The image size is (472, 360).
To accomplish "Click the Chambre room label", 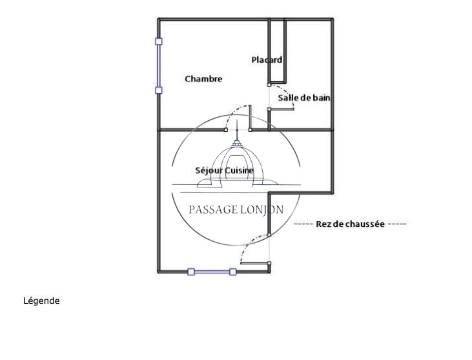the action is [x=203, y=79].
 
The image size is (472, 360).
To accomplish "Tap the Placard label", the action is [x=267, y=59].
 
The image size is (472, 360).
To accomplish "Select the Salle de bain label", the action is [x=303, y=98].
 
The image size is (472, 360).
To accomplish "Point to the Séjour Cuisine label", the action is [x=224, y=171].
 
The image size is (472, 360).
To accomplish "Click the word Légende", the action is [x=41, y=301].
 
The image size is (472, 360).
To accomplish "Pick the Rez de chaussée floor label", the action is [x=350, y=224].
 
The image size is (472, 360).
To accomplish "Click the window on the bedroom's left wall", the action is [x=159, y=66].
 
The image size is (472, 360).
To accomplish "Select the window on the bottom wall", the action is [x=212, y=271].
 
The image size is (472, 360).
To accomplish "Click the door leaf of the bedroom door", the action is [x=250, y=118].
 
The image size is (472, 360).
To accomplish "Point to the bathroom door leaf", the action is [x=281, y=109].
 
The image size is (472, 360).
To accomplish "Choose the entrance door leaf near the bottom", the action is [x=255, y=263].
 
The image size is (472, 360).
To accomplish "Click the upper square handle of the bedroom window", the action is [x=159, y=41].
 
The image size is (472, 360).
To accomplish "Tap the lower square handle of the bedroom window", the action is [x=159, y=90].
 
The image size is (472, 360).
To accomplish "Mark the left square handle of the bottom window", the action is [x=191, y=271].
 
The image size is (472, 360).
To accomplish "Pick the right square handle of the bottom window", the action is [x=232, y=271].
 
